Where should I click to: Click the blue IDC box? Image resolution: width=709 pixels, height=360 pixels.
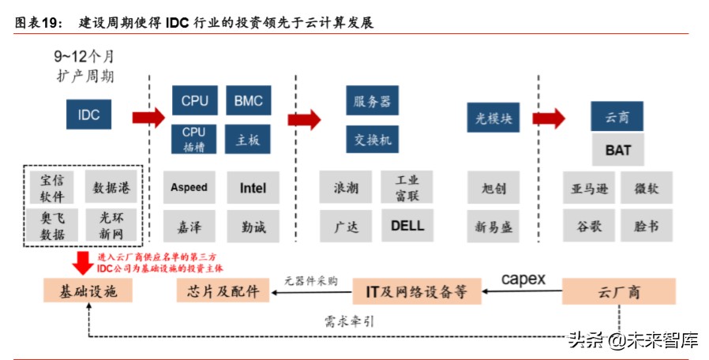88,114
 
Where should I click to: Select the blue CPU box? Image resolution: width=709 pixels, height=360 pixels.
194,100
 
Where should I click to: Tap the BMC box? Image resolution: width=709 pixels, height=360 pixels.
248,100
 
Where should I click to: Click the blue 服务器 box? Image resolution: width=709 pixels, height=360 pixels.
371,101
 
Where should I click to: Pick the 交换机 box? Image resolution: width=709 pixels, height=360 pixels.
371,139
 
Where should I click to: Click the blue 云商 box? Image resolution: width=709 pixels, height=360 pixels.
617,117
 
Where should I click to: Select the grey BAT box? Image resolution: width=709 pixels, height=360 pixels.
617,149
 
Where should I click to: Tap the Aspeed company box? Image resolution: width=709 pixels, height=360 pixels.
189,188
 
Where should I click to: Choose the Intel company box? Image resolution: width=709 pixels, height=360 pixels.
253,188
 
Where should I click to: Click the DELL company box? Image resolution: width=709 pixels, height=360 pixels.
407,226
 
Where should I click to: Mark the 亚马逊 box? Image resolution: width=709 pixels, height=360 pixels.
589,188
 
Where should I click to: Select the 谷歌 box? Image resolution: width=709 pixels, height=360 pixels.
589,226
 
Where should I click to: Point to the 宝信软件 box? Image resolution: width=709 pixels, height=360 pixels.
53,188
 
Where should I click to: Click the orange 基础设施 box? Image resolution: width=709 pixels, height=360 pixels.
87,291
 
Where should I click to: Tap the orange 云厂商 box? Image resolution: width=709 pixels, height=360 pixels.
618,292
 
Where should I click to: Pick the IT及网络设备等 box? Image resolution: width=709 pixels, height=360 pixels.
415,291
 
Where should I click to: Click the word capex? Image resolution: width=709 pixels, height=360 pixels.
523,279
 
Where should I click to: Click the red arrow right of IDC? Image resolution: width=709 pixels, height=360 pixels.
148,118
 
